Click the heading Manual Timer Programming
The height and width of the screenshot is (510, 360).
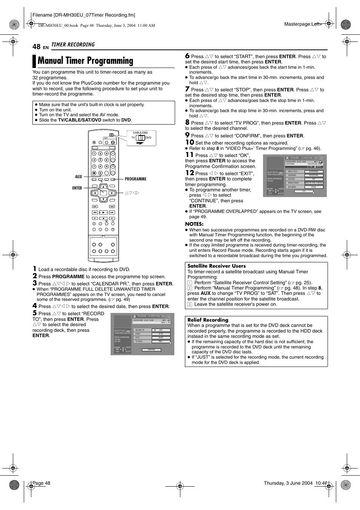point(85,61)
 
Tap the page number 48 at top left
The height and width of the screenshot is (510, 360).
point(36,46)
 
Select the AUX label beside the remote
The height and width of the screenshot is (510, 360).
point(78,177)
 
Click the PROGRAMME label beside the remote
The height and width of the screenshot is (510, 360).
point(135,179)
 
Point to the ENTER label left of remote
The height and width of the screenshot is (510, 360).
point(77,188)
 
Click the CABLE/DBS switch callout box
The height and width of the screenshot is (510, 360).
point(141,138)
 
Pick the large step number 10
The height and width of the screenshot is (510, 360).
point(189,142)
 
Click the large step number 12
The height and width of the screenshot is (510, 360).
point(189,173)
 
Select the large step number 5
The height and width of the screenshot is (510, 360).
point(34,313)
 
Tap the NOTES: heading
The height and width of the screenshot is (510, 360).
point(194,224)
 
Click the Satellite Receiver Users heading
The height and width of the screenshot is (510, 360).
point(217,266)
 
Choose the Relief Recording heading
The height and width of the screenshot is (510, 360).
point(208,320)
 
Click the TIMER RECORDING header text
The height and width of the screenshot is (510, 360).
point(73,45)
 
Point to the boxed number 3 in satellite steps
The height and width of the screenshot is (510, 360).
point(190,304)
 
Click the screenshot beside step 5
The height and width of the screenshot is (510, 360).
point(142,334)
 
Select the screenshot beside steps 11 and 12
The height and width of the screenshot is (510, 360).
point(294,176)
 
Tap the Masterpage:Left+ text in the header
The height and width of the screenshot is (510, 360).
point(303,24)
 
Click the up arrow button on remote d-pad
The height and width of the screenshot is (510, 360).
point(103,187)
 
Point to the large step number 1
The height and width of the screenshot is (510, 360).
point(34,269)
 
